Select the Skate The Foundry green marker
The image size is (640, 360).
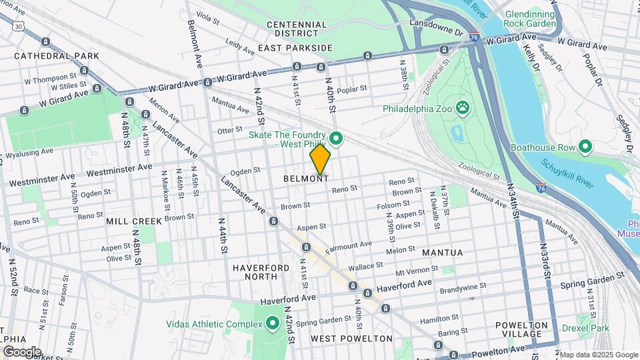(x=337, y=139)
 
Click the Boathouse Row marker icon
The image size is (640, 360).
(x=585, y=147)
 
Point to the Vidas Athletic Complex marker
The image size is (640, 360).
(x=272, y=325)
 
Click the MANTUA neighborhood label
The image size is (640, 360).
(x=442, y=253)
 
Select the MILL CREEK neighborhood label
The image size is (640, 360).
(x=133, y=221)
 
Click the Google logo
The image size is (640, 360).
(x=22, y=351)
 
